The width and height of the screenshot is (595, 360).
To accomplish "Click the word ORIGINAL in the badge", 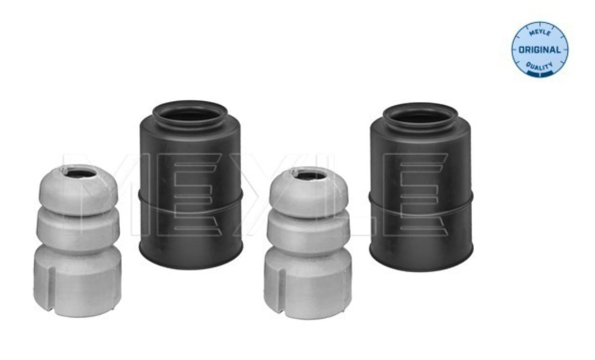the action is [539, 50].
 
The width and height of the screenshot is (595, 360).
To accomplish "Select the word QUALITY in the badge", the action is [539, 66].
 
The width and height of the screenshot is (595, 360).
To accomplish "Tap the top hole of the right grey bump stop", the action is [310, 175].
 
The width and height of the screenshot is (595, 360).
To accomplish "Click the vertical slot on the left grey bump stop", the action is [52, 287].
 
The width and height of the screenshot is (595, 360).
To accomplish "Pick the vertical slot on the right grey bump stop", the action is [282, 288].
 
